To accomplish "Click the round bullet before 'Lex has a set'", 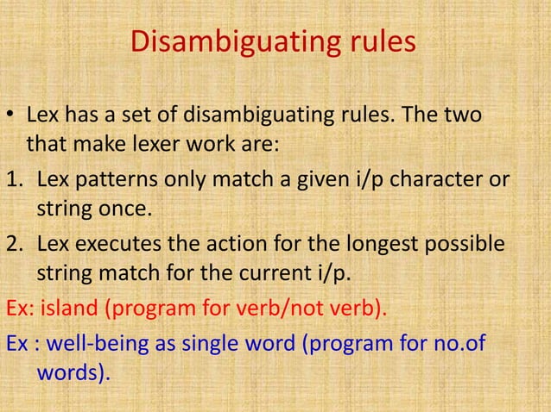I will coord(10,115).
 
